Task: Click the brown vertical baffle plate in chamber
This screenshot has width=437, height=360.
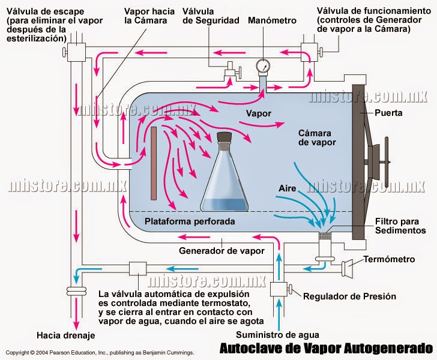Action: (154, 163)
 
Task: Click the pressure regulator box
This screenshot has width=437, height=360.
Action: (279, 289)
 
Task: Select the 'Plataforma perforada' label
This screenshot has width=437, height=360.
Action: (190, 222)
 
